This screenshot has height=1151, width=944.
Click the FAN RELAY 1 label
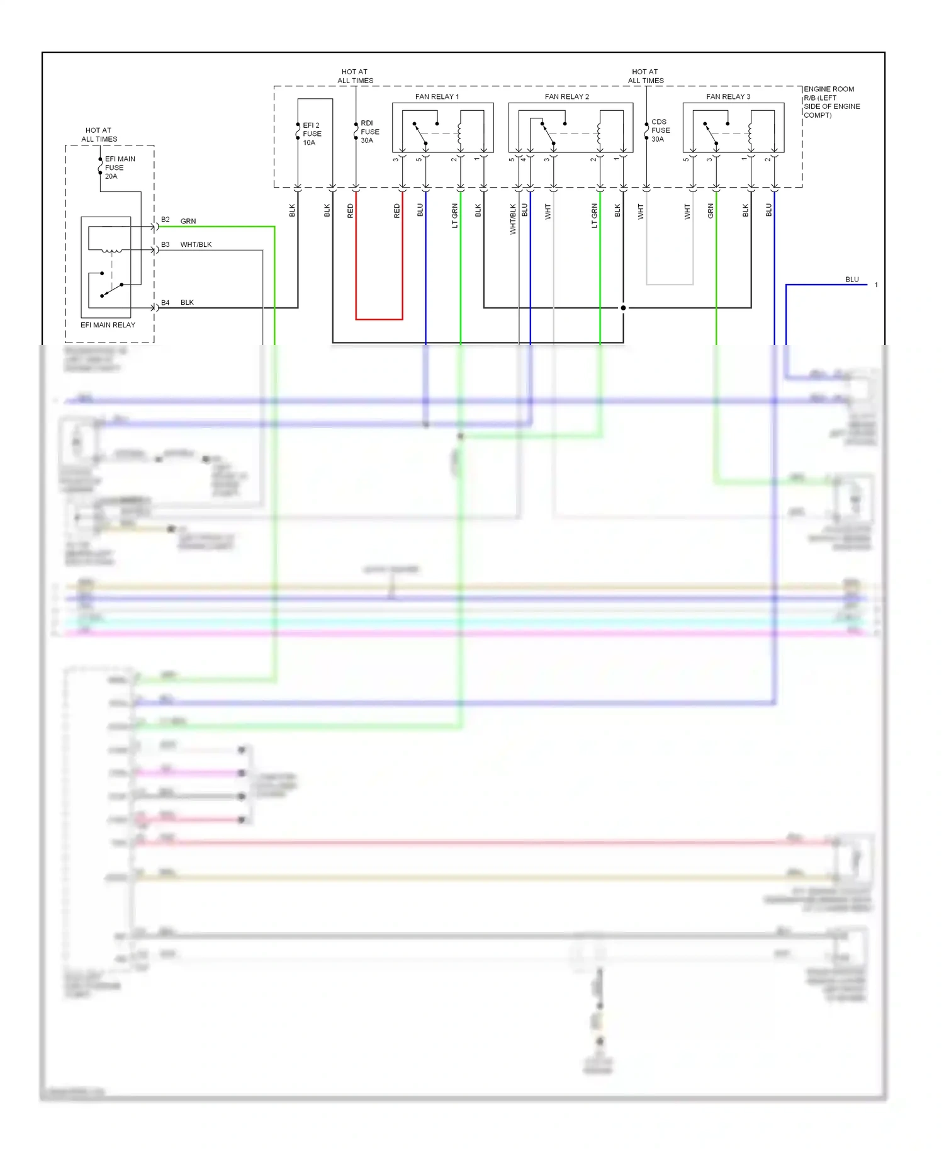pos(437,96)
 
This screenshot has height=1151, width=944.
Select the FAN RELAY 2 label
pos(566,96)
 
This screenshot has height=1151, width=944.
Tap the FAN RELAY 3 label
pos(728,96)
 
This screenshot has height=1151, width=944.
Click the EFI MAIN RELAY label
pos(108,325)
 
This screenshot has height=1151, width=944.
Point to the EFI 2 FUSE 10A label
pos(312,133)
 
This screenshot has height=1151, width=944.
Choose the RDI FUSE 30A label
pos(369,132)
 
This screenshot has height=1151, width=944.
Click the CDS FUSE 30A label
pos(660,130)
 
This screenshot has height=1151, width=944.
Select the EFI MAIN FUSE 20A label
pos(120,167)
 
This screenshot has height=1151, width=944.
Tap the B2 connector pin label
pos(165,220)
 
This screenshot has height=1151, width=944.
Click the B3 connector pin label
pos(165,244)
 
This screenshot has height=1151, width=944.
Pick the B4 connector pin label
pos(165,302)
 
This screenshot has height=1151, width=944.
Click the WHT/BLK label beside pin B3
pos(196,244)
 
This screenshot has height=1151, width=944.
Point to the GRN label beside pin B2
pos(188,221)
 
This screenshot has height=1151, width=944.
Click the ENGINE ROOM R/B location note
pos(831,102)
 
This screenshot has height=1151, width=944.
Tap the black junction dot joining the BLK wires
pos(623,308)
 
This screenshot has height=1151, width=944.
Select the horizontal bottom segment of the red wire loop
pos(379,319)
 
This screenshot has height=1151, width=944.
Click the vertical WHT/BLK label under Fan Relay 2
pos(513,219)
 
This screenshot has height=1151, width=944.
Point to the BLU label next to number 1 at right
pos(851,280)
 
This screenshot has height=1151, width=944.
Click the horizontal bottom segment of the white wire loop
pos(670,285)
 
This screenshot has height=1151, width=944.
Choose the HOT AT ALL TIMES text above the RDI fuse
pos(355,76)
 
